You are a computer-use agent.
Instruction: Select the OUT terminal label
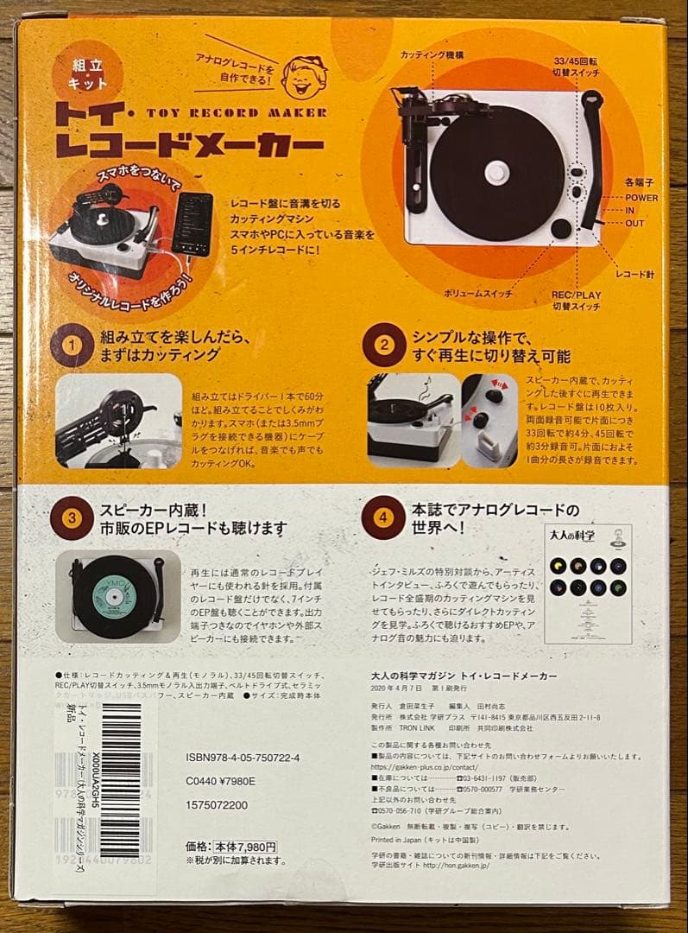click(636, 223)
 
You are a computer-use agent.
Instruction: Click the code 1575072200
click(217, 805)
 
